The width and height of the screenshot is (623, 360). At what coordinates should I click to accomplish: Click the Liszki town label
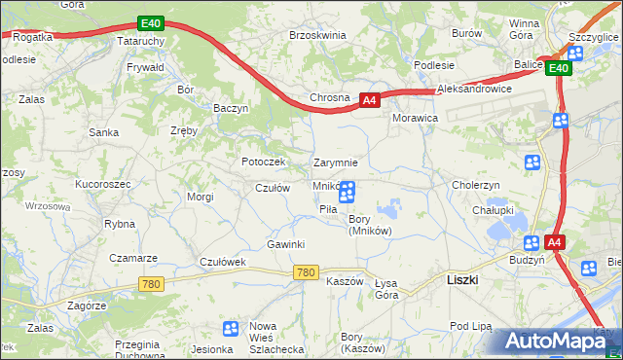[461, 278]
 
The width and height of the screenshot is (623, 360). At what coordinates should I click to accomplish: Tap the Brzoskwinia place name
[317, 34]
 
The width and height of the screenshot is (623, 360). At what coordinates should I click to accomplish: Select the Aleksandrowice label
[475, 88]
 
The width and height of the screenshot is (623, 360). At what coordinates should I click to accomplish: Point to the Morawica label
[416, 117]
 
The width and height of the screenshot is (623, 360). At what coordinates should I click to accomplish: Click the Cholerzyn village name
[475, 185]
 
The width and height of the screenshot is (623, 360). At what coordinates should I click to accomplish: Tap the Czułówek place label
[224, 262]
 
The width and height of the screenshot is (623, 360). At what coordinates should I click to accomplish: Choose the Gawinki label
[286, 243]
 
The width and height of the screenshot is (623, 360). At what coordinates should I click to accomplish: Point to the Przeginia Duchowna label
[136, 350]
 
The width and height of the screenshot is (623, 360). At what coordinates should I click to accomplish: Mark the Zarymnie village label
[336, 162]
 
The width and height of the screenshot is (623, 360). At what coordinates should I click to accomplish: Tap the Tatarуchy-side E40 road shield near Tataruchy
[149, 22]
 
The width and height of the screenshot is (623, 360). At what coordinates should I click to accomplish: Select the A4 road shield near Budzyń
[554, 242]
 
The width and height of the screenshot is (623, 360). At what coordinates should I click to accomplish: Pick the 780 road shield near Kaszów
[305, 272]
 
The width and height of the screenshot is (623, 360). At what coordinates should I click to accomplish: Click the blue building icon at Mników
[347, 193]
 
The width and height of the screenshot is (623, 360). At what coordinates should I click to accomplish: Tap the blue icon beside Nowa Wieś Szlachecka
[231, 329]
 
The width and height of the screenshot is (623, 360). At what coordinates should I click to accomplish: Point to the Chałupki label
[493, 209]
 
